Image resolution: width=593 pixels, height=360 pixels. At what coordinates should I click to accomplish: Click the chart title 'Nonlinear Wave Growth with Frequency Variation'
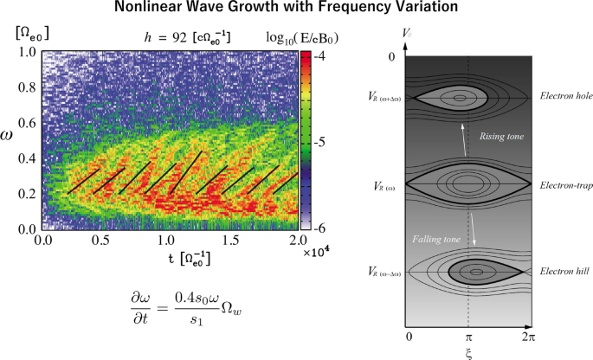coord(295,10)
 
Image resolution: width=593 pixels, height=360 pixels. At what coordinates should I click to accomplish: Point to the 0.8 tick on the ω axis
coord(27,88)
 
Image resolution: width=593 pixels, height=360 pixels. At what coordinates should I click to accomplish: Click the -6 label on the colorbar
coord(319,228)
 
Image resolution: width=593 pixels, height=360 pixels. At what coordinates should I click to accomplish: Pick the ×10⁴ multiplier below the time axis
coord(317,252)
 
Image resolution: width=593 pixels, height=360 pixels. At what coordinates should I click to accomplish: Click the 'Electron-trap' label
coord(564,186)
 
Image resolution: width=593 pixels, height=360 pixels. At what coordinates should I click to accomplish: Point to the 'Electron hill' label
coord(564,272)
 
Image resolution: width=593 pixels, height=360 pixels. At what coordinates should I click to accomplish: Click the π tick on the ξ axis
coord(468,335)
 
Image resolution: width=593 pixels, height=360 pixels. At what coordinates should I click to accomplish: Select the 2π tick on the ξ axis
coord(527,335)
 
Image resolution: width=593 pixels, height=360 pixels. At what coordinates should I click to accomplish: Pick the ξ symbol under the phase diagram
coord(468,352)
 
